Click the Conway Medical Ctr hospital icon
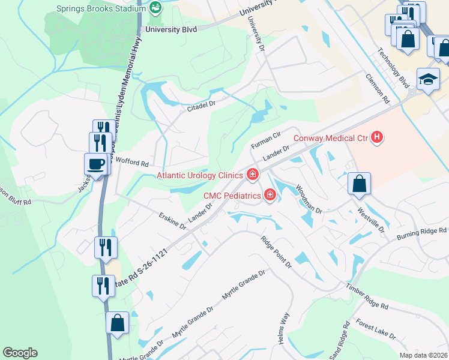point(376,138)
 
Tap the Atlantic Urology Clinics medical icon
point(253,175)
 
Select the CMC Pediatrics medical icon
point(270,195)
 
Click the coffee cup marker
point(97,164)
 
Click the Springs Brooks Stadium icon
point(155,8)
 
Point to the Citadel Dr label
point(201,103)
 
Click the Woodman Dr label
point(309,199)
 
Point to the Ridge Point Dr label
point(276,251)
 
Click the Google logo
point(20,353)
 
